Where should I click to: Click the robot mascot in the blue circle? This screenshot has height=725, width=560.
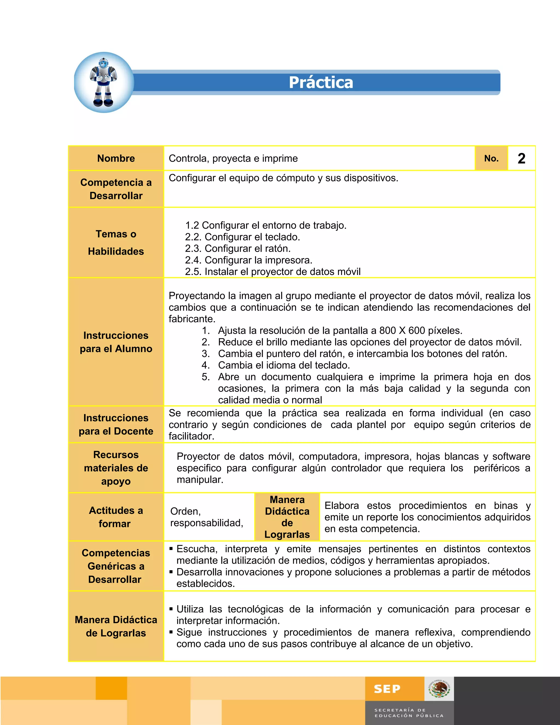(104, 82)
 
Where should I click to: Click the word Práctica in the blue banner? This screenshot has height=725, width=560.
(320, 82)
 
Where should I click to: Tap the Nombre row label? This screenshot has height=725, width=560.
(116, 158)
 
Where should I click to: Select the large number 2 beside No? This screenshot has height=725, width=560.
(521, 158)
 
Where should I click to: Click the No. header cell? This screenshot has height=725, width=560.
(491, 158)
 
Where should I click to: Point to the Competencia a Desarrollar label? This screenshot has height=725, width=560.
(116, 189)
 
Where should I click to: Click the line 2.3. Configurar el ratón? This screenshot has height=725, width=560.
(238, 248)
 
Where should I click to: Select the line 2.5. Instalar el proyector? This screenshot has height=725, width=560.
(272, 272)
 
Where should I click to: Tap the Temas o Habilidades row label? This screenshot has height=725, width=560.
(116, 242)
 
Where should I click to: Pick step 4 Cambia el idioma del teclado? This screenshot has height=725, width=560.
(284, 365)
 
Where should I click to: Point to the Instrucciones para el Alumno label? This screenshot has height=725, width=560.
(116, 342)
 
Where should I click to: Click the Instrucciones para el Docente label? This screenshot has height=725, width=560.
(116, 424)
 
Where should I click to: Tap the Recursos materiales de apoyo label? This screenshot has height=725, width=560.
(116, 468)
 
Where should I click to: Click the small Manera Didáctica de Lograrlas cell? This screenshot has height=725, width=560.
(287, 517)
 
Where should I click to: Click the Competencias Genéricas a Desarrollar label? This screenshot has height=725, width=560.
(116, 566)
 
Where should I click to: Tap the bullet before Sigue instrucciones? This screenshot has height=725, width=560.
(171, 632)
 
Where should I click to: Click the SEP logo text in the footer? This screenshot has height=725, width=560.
(387, 689)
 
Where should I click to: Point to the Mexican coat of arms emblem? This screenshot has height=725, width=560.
(439, 689)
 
